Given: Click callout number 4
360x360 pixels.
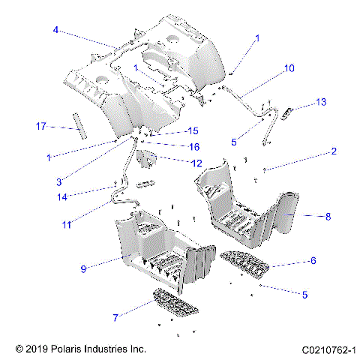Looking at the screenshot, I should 55,30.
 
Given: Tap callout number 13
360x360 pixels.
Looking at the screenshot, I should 321,102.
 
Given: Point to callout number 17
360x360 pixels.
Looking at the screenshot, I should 42,126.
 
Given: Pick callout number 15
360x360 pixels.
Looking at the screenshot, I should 192,131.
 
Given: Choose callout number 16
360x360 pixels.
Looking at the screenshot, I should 193,147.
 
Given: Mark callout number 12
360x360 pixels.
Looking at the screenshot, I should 196,163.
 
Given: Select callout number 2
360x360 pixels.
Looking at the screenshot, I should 333,151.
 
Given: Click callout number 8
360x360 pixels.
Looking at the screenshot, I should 328,217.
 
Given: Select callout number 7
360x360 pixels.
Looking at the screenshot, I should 115,318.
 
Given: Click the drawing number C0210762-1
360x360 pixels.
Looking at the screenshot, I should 328,349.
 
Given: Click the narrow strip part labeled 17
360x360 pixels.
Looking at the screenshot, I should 79,124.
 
